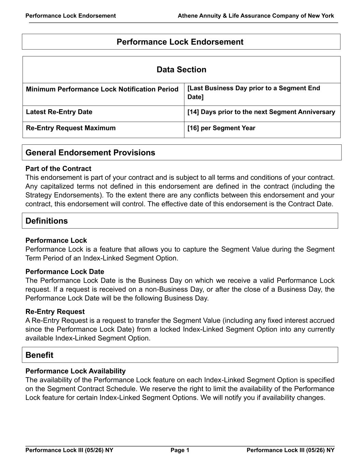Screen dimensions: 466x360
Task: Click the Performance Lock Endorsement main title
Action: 180,42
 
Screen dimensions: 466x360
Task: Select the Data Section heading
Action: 181,70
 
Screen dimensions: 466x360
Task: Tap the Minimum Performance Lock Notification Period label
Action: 102,89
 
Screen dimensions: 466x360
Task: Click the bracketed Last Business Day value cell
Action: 254,93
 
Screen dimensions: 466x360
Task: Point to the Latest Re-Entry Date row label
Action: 59,112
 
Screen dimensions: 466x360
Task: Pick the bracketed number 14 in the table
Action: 193,112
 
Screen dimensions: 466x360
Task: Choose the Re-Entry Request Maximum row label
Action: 71,128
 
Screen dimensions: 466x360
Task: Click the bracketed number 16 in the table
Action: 193,128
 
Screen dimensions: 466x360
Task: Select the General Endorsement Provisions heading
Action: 90,153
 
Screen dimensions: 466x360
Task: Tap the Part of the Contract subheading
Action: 58,169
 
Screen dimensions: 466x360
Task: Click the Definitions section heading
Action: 47,221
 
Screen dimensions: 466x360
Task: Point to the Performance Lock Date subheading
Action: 65,272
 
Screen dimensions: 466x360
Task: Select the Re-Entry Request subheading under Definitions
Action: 55,312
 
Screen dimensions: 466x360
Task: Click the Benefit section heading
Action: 39,355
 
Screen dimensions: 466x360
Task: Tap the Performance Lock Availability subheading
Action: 75,371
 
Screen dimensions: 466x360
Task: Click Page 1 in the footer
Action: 180,450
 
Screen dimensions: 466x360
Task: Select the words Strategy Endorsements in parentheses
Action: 63,195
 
